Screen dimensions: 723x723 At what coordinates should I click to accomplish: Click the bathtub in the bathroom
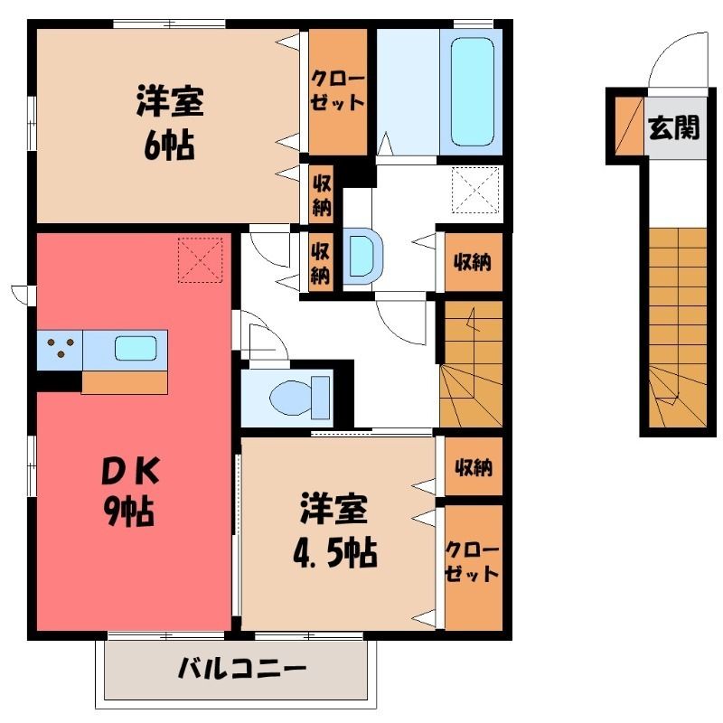(473, 92)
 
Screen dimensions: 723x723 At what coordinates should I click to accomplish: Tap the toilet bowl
(300, 397)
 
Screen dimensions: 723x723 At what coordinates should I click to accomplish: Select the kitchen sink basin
(136, 348)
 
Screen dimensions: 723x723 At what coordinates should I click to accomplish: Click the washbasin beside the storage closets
(363, 256)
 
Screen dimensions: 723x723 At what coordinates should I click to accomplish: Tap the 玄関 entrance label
(673, 127)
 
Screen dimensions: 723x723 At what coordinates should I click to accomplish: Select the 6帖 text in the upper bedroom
(168, 146)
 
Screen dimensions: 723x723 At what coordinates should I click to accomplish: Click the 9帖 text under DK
(128, 512)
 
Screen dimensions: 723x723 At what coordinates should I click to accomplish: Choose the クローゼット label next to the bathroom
(337, 91)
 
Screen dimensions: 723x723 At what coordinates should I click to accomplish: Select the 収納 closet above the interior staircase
(474, 262)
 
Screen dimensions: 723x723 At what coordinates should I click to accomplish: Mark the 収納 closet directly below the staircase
(474, 466)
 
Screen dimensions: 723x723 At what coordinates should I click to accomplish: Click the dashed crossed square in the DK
(201, 259)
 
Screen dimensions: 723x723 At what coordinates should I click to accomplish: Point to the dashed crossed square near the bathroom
(475, 190)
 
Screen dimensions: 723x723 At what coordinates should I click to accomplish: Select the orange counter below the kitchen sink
(125, 383)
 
